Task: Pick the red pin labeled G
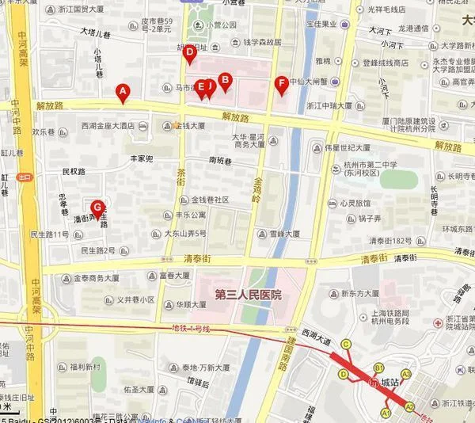click(x=97, y=208)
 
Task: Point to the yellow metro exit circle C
click(x=346, y=344)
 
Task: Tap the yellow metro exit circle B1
click(x=379, y=368)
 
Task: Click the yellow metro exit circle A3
click(x=406, y=374)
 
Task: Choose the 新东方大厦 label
click(x=348, y=293)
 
